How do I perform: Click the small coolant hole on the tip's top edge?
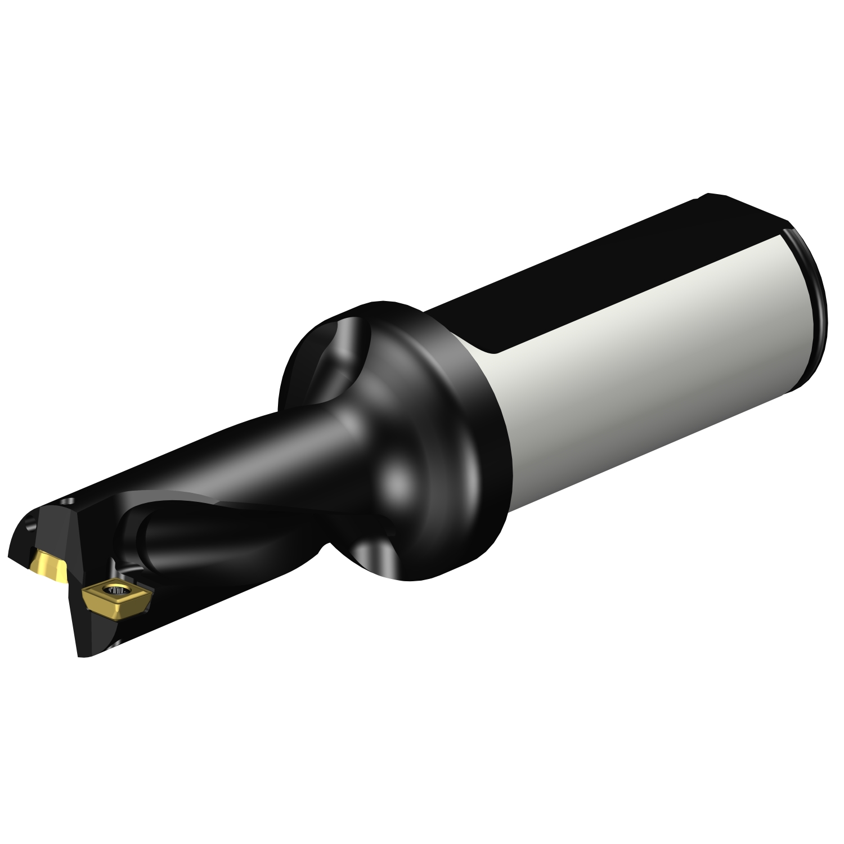pyautogui.click(x=71, y=500)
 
